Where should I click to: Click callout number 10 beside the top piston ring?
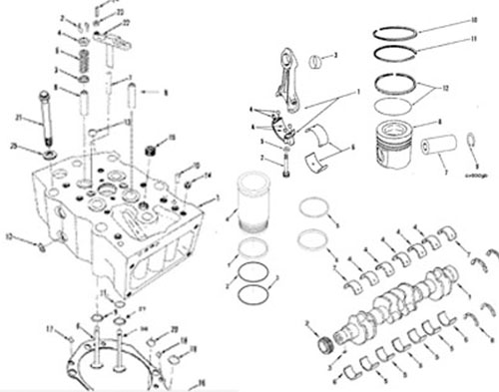(474, 20)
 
